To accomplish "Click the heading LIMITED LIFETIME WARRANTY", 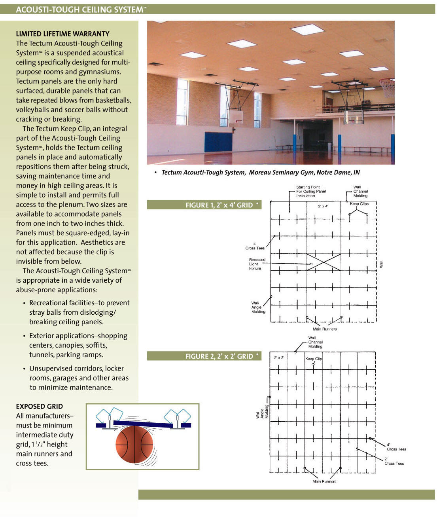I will pos(62,34).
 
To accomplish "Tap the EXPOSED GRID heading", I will pos(39,406).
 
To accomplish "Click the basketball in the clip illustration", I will pos(134,444).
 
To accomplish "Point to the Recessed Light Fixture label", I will pos(257,264).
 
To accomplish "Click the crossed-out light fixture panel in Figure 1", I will pos(323,262).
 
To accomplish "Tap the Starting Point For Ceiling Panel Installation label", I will pos(311,191).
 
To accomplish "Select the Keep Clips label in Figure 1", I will pos(359,204).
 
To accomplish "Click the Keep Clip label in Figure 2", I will pos(314,359).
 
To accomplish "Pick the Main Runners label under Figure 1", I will pos(325,329).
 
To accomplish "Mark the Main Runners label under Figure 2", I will pos(324,481).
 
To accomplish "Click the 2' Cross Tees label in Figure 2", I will pos(394,461).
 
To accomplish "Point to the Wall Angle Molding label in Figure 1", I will pos(258,307).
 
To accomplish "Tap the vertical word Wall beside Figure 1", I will pos(381,264).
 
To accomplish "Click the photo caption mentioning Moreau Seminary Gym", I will pos(260,173).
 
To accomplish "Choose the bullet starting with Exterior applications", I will pos(78,345).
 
